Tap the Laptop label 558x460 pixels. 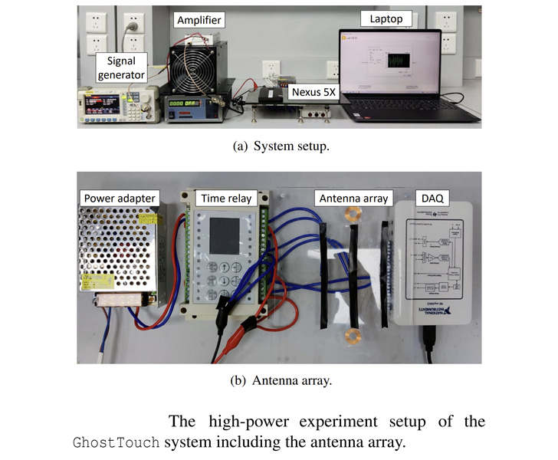pos(386,18)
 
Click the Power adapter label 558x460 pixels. pos(119,199)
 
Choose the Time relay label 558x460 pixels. pos(226,199)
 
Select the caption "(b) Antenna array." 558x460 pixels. pos(279,381)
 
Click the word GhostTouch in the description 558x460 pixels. pos(117,443)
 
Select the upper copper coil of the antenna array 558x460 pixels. pos(353,214)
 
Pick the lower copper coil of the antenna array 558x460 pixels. pos(354,335)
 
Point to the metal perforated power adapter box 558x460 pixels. pos(120,252)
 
